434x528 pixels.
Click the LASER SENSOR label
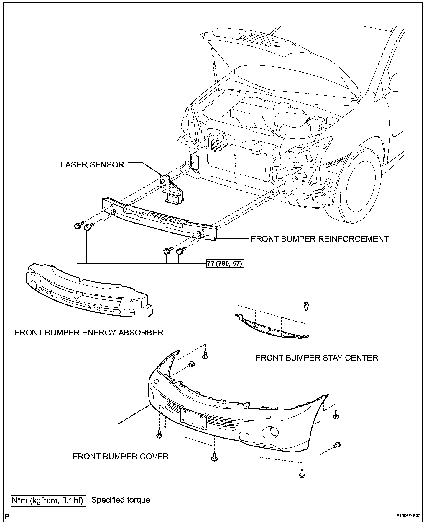[92, 164]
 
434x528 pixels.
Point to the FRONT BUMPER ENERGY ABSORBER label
[89, 333]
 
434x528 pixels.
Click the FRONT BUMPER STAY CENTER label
[317, 358]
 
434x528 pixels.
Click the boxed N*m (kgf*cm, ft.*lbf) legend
[49, 500]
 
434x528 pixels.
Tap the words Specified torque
[121, 500]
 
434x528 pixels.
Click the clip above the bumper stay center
[306, 306]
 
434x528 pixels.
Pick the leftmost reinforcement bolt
[78, 226]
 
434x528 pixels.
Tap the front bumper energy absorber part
[88, 292]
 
